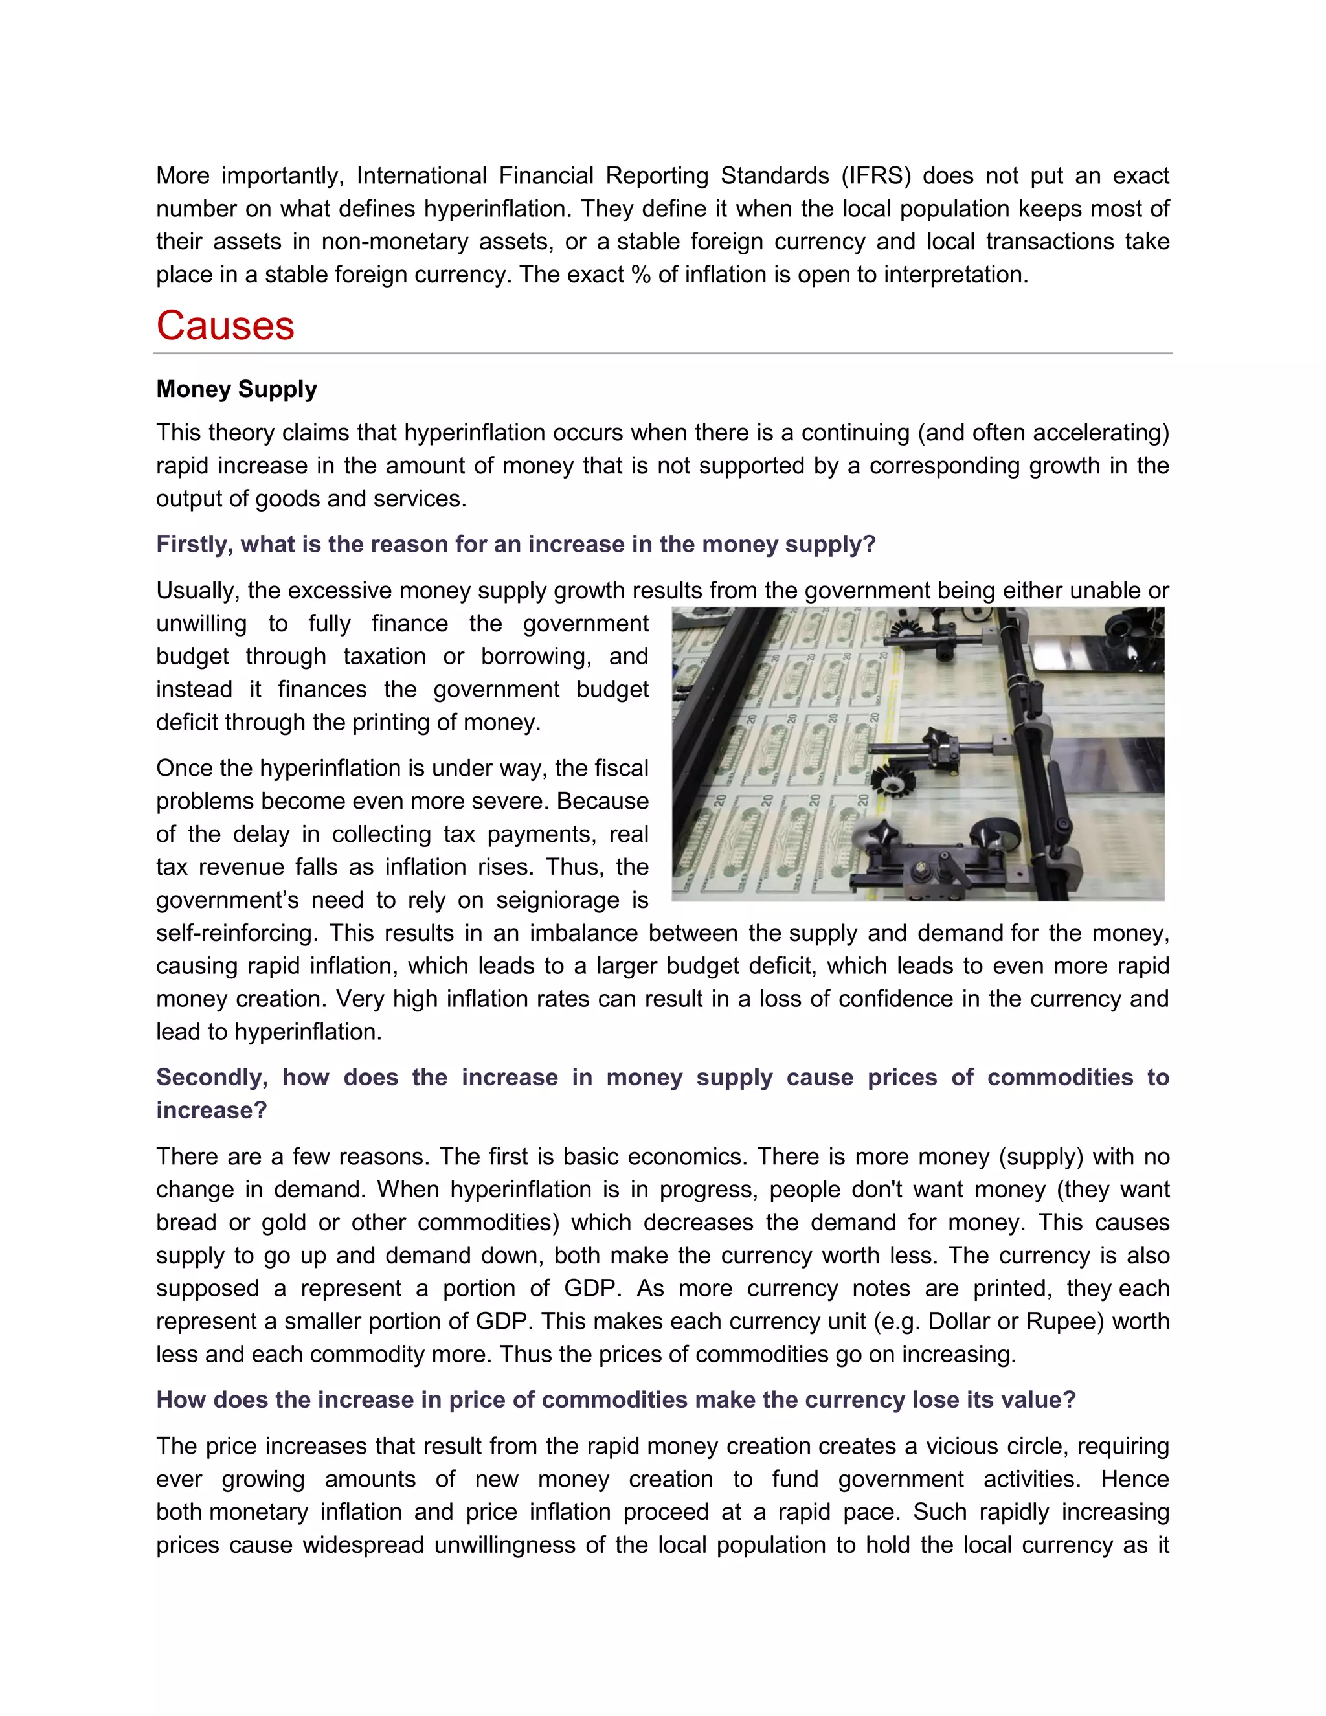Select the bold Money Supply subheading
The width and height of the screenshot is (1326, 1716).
236,389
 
